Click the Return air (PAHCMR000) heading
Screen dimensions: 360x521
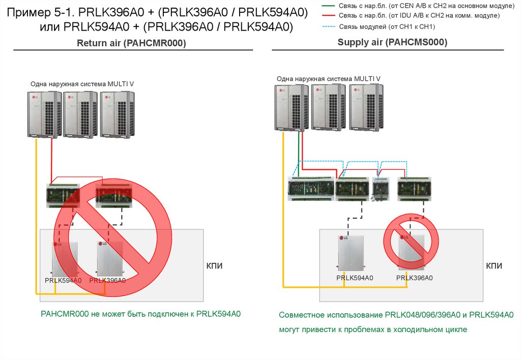131,44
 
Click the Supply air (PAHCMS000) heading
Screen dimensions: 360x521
392,43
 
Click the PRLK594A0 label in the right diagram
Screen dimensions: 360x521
355,278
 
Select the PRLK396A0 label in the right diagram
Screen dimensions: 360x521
414,278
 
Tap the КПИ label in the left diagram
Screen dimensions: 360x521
214,266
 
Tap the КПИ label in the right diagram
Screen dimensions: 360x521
494,266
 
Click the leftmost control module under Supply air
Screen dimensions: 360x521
310,189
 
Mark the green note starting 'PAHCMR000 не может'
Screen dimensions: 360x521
140,314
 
